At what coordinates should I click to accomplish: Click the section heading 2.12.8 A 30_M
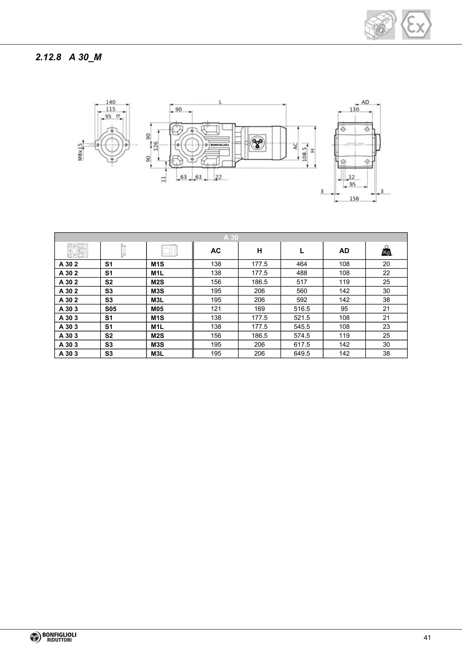click(69, 57)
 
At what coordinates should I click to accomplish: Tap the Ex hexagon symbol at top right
click(416, 25)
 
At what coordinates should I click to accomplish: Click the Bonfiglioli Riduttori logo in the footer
click(53, 637)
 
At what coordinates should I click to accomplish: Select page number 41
click(427, 638)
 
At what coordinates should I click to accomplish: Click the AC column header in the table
click(216, 251)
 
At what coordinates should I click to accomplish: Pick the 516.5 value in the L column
click(302, 309)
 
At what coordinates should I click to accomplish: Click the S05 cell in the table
click(111, 309)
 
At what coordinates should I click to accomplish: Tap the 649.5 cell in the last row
click(302, 354)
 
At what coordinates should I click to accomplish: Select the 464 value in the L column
click(302, 264)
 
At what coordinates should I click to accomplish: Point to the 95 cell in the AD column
click(344, 309)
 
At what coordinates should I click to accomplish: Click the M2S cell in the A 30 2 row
click(157, 282)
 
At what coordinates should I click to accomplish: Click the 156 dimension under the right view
click(354, 198)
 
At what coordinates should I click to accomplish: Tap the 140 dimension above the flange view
click(111, 102)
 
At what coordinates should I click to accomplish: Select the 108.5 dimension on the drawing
click(304, 154)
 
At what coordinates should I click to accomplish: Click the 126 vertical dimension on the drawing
click(156, 146)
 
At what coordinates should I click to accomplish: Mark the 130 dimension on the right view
click(354, 109)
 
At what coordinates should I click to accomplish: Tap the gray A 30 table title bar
click(231, 237)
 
